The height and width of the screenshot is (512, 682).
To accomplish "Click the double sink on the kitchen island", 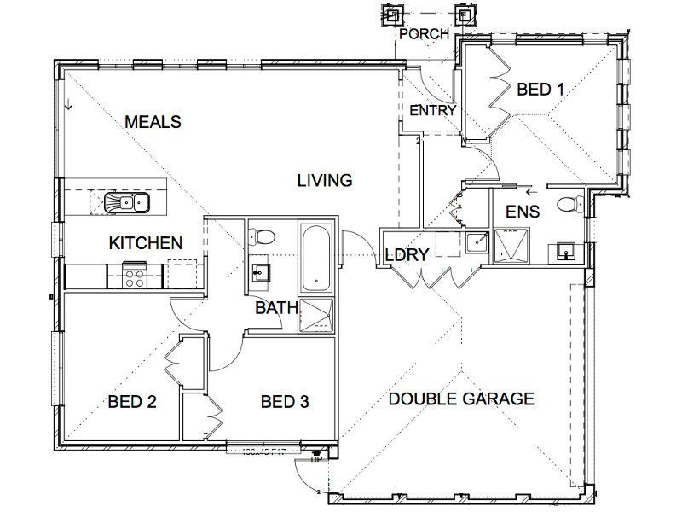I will (126, 202).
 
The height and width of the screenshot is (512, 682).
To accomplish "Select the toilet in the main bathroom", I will (263, 236).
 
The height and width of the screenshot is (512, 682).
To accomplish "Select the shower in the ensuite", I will (511, 244).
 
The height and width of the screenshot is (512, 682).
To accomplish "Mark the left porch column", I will (392, 15).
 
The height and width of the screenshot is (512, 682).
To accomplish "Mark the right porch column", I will (465, 15).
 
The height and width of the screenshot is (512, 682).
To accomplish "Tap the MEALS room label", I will (153, 122).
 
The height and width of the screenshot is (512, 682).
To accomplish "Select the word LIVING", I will (324, 180).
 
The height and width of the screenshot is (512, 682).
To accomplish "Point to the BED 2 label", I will (131, 401).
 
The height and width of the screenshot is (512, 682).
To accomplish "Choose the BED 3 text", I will (284, 401).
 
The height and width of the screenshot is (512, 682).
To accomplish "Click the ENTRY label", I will (433, 110).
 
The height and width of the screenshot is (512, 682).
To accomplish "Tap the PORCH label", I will (424, 34).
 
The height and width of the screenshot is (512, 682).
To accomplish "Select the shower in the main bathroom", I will (317, 312).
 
